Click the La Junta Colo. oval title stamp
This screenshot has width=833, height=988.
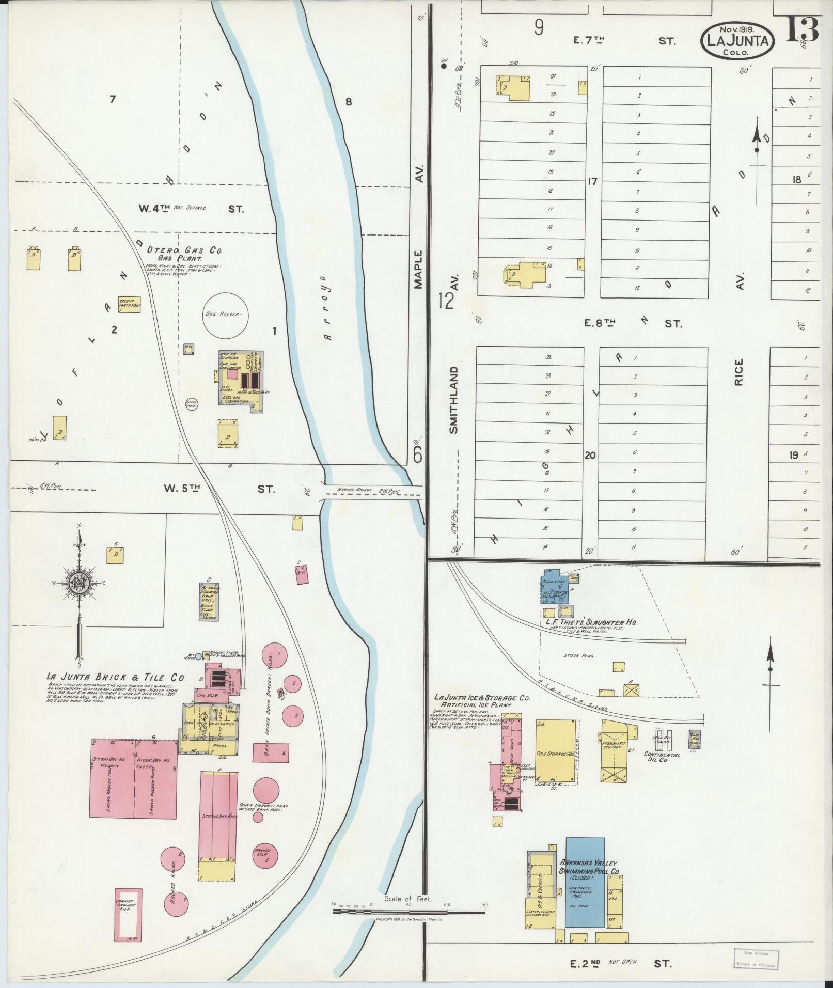coord(737,40)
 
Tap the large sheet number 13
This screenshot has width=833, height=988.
coord(803,29)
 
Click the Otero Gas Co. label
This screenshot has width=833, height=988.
coord(184,250)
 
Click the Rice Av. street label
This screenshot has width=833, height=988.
coord(740,372)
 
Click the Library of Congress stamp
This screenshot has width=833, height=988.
coord(756,960)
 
